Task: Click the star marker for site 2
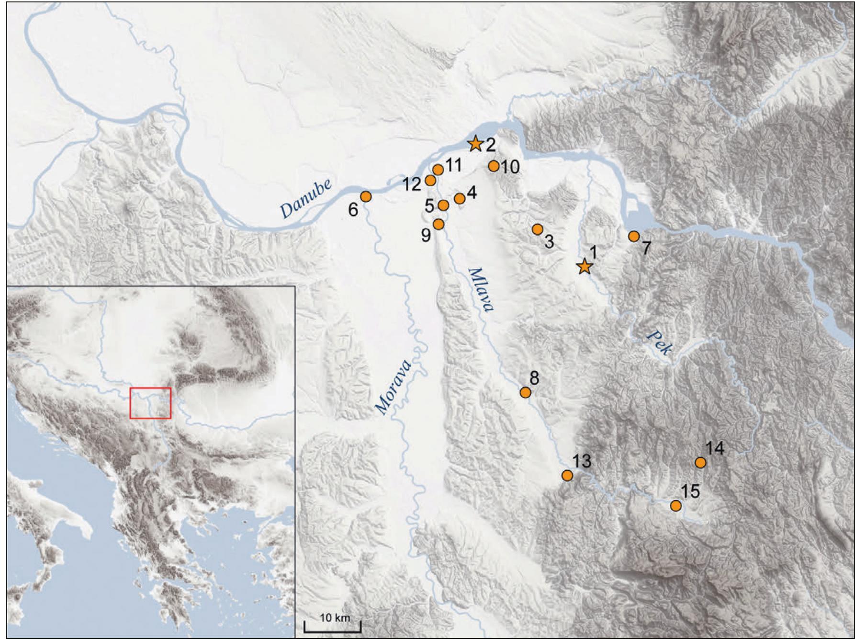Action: (x=475, y=144)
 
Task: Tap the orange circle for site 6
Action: (x=366, y=196)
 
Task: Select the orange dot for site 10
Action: (x=494, y=166)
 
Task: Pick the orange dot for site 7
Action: (x=634, y=236)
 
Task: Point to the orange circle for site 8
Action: (x=525, y=392)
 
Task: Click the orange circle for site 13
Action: (x=567, y=475)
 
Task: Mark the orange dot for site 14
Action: (x=700, y=462)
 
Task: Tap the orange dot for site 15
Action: (x=675, y=505)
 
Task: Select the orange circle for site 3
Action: (x=537, y=229)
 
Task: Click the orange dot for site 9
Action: (x=439, y=224)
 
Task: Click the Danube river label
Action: (x=306, y=200)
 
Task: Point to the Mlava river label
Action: (x=480, y=289)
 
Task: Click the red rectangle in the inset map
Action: (x=150, y=403)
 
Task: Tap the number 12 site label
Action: (x=412, y=184)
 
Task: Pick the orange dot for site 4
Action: (x=460, y=198)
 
